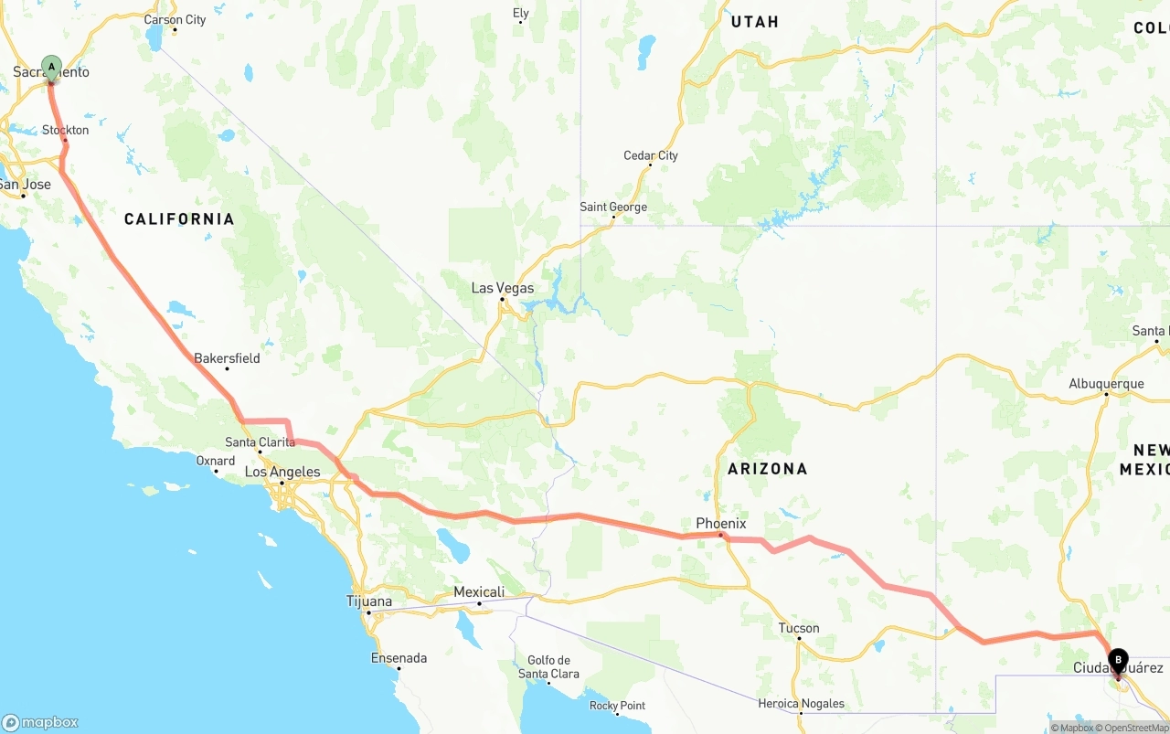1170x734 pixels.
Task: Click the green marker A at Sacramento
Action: coord(52,67)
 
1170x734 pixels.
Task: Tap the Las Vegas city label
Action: coord(502,288)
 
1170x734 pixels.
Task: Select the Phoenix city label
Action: coord(721,524)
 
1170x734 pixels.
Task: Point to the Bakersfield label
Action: coord(227,358)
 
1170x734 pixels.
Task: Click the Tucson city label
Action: coord(799,628)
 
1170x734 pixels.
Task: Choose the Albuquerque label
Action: coord(1106,384)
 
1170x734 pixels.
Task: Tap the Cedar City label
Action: coord(651,155)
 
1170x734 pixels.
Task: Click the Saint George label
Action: coord(613,207)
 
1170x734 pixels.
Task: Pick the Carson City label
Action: coord(175,20)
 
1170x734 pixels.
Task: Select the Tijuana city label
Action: coord(369,601)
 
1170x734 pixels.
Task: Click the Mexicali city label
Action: coord(479,592)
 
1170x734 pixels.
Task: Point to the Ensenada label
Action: coord(399,658)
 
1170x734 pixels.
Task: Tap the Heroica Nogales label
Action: coord(801,704)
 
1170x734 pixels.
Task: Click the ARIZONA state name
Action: coord(768,469)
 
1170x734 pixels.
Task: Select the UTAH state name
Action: coord(754,22)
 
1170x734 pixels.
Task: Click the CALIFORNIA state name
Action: coord(179,219)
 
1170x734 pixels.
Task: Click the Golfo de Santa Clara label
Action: coord(548,667)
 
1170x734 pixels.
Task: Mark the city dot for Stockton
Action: coord(66,141)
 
